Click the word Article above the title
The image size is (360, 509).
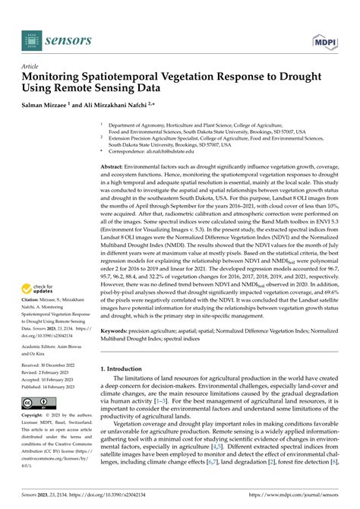coord(31,66)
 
